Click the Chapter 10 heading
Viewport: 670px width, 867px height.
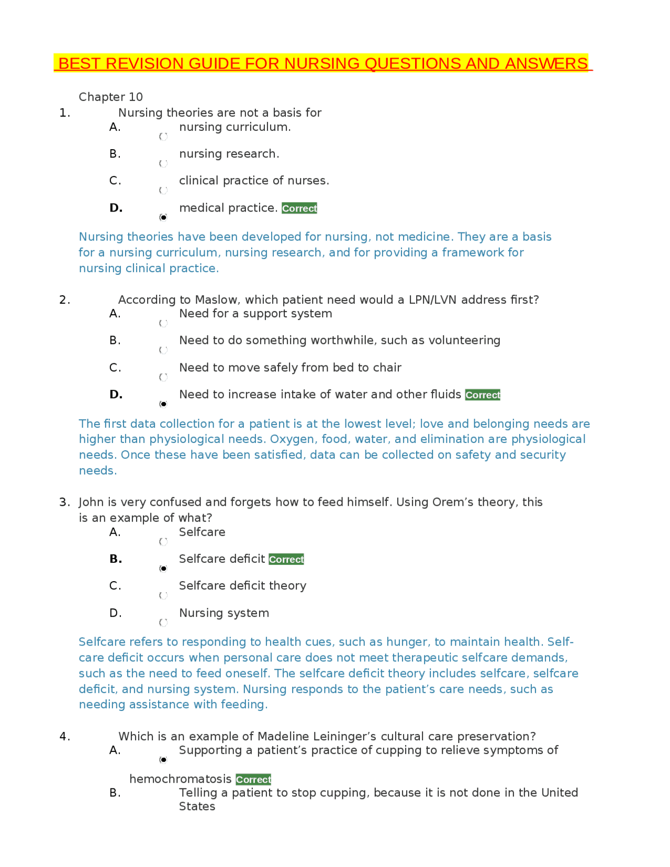tap(110, 97)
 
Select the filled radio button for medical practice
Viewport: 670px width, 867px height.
tap(163, 217)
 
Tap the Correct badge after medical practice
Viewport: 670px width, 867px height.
tap(299, 208)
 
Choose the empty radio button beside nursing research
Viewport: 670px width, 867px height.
tap(163, 163)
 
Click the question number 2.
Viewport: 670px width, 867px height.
tap(64, 299)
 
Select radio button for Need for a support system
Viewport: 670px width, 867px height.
tap(163, 324)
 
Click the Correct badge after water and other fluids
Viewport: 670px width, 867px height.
tap(483, 395)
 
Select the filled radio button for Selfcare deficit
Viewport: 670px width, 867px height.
tap(163, 569)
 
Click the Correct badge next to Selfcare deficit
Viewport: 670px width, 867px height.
tap(286, 560)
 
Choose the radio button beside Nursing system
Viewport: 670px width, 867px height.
tap(163, 623)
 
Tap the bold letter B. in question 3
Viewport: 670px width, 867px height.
tap(116, 559)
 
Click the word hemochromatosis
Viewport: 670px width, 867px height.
tap(180, 779)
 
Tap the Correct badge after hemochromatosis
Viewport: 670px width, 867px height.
tap(253, 780)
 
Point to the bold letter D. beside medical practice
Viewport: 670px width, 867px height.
tap(116, 208)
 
